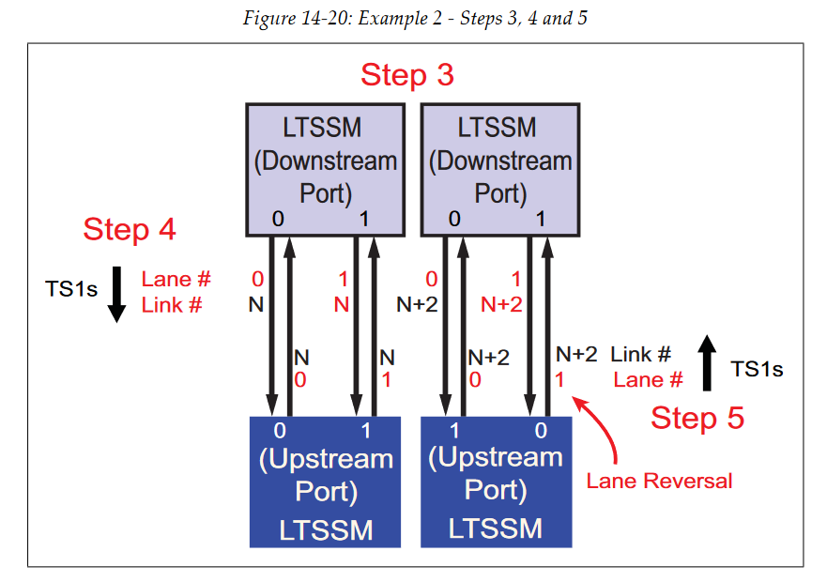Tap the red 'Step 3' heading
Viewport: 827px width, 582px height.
coord(407,75)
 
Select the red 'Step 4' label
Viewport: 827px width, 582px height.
coord(130,228)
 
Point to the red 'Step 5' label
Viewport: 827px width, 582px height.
coord(697,418)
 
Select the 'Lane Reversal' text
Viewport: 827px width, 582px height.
coord(659,481)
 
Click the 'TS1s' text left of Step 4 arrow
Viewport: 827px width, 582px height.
coord(71,289)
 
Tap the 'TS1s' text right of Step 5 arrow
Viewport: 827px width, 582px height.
coord(757,369)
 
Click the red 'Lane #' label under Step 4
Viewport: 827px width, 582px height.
coord(176,279)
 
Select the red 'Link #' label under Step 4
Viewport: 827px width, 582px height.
coord(172,305)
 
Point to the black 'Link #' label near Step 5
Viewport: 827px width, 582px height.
coord(640,355)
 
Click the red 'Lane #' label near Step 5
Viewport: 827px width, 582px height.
coord(648,380)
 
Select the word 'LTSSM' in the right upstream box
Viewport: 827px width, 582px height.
coord(496,528)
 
